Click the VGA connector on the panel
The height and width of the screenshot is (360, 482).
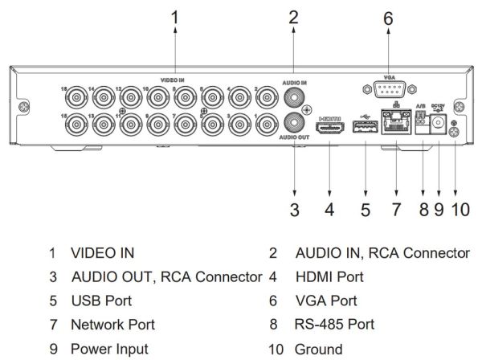389,89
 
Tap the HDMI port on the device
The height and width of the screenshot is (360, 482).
329,131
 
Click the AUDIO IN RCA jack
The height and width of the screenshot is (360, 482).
294,98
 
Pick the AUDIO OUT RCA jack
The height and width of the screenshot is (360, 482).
294,124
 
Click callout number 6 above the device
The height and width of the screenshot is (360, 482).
389,17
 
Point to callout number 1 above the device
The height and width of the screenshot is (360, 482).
176,16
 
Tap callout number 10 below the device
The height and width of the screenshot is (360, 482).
458,211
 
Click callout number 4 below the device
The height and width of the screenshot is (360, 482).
329,211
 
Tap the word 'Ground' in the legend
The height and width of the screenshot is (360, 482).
317,350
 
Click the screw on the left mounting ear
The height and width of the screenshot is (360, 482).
25,106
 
